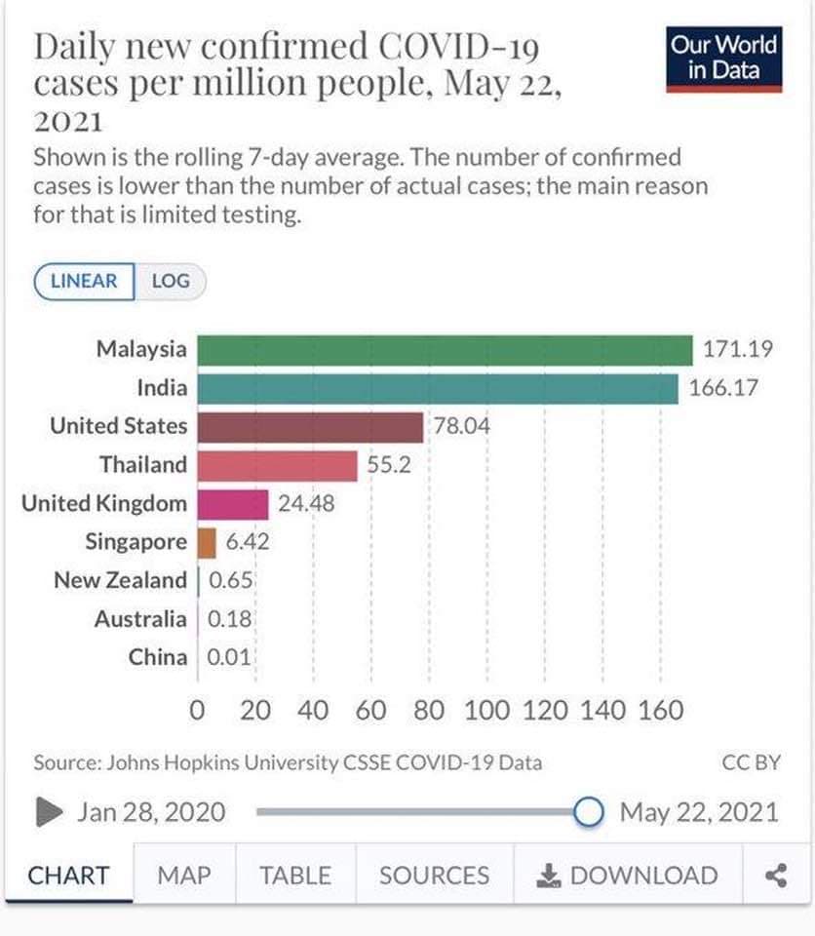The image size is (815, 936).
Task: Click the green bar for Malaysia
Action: pos(445,349)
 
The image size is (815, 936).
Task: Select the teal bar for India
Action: pos(438,388)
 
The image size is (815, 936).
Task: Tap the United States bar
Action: pos(310,427)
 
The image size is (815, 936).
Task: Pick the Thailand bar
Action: pos(278,466)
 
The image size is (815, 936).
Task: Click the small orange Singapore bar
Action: pos(207,542)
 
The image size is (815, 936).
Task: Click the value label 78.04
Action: pos(461,427)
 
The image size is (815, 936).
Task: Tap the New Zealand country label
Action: pos(120,581)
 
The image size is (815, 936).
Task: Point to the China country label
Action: pos(157,657)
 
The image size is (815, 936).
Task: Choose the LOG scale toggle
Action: pos(170,282)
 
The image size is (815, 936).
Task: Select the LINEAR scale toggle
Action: pos(84,282)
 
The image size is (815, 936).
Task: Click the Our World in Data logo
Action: pos(724,58)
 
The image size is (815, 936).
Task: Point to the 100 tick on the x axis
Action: pos(486,710)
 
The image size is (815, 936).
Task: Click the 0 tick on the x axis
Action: pos(198,710)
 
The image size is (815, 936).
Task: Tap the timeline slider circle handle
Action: pos(588,811)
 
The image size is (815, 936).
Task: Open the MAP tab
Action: pos(183,876)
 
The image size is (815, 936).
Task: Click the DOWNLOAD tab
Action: pos(628,876)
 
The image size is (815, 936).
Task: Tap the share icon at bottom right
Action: pos(776,876)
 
